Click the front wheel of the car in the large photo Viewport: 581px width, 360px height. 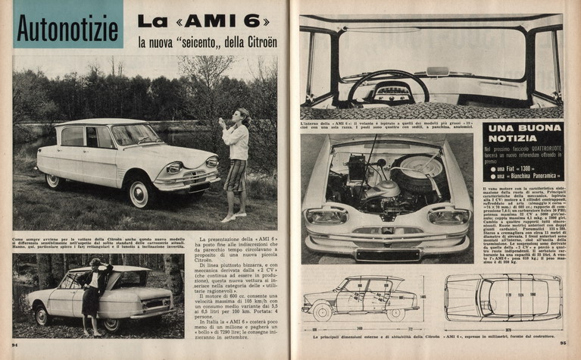[x=140, y=192]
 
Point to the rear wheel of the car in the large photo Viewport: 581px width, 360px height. [x=54, y=180]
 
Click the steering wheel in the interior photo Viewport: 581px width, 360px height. [x=389, y=86]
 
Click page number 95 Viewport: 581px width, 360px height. [x=563, y=343]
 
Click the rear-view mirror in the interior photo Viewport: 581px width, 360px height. [x=438, y=71]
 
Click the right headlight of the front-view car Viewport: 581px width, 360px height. [x=450, y=216]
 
